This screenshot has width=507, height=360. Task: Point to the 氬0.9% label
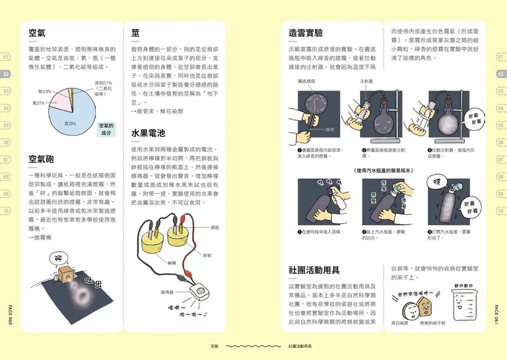pyautogui.click(x=45, y=91)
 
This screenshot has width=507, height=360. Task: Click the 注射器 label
pyautogui.click(x=366, y=81)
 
